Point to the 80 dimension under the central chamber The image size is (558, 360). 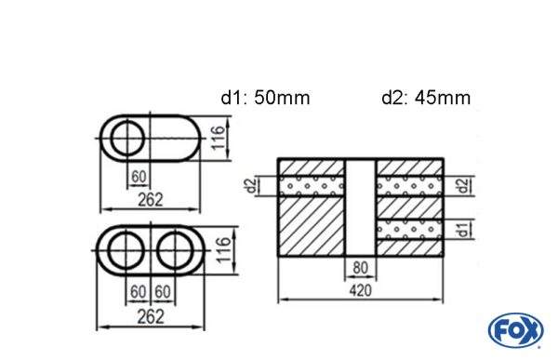pyautogui.click(x=360, y=269)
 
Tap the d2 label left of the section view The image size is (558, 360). pyautogui.click(x=249, y=186)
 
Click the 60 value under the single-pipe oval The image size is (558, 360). pyautogui.click(x=139, y=178)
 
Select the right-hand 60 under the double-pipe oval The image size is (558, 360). pyautogui.click(x=163, y=292)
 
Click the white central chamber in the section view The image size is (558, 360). pyautogui.click(x=361, y=205)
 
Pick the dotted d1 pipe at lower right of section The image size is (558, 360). pyautogui.click(x=409, y=228)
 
